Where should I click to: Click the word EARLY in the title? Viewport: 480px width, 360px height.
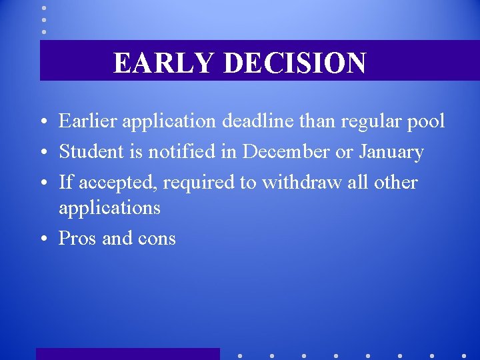(163, 63)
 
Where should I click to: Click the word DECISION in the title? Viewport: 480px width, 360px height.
(294, 63)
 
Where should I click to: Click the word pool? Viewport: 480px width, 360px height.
(427, 121)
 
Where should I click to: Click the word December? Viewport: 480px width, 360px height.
(286, 152)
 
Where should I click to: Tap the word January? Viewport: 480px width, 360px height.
(391, 152)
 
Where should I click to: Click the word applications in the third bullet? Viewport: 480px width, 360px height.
(109, 208)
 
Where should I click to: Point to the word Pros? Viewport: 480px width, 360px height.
(77, 238)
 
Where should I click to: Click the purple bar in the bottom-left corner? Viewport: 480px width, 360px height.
(127, 353)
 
